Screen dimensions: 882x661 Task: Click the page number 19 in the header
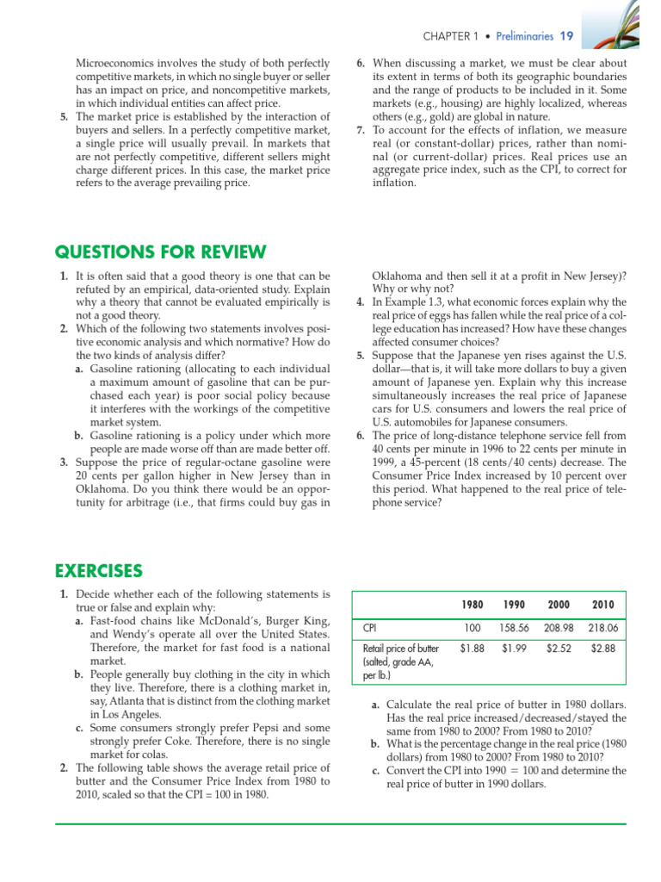(566, 36)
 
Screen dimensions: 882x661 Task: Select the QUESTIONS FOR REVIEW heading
(161, 252)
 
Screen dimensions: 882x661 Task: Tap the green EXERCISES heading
(99, 570)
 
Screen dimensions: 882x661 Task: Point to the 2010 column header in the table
(602, 605)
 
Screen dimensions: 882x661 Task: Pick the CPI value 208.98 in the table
(559, 628)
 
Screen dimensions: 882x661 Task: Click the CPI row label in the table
(373, 628)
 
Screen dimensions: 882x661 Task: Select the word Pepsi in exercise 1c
(264, 728)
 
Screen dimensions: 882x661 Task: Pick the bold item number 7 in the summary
(361, 130)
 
